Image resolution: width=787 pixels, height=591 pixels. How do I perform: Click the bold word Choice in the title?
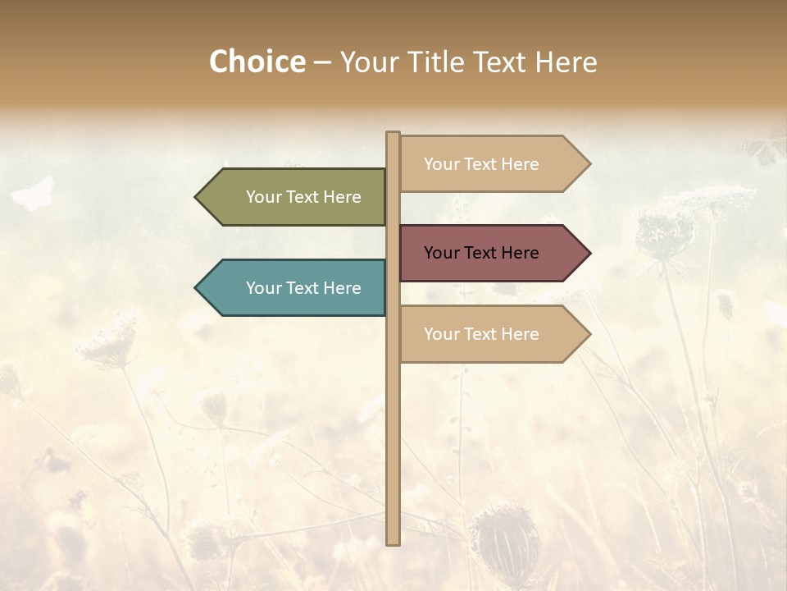pos(257,62)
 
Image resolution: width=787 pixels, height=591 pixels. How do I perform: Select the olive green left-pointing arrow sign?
pos(295,197)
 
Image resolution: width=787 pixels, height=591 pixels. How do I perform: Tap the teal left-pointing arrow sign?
pos(295,288)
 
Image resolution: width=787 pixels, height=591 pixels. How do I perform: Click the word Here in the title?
pos(566,62)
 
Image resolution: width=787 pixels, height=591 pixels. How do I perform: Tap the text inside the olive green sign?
pos(303,197)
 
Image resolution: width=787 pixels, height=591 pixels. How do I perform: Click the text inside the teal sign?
pos(303,288)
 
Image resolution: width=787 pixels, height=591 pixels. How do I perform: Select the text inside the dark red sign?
pos(481,253)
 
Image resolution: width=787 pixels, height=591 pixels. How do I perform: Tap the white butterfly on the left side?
pos(33,194)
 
